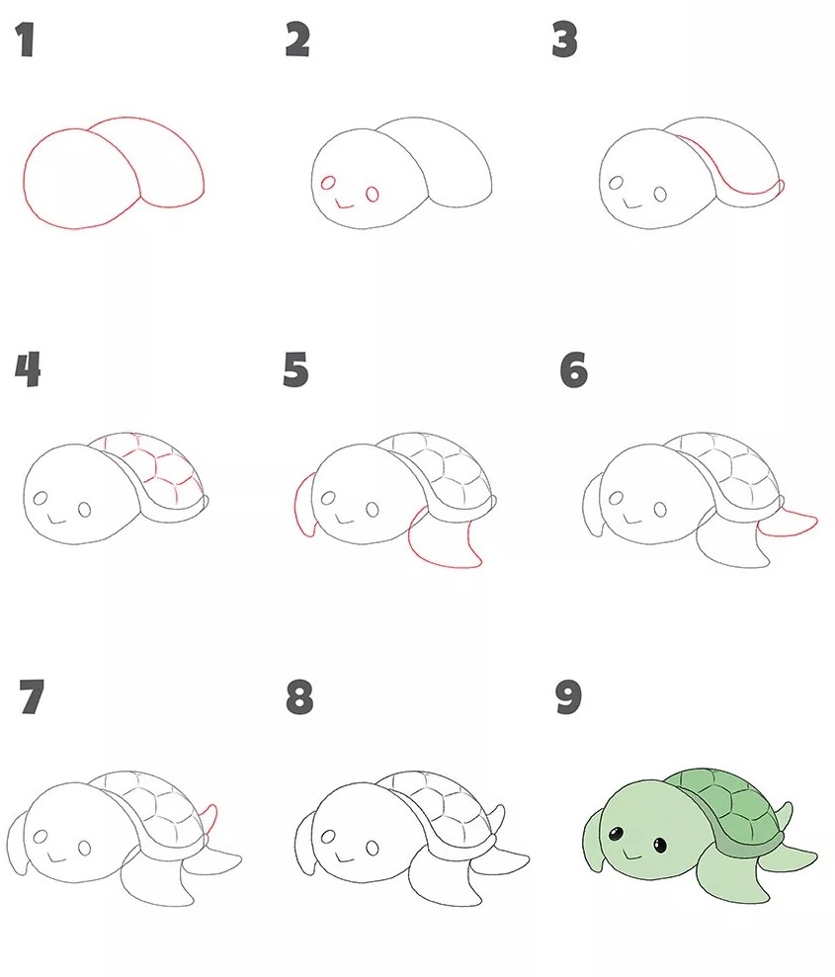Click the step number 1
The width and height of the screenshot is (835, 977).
point(25,42)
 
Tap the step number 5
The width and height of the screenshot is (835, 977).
point(295,370)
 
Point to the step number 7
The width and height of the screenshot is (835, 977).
point(31,698)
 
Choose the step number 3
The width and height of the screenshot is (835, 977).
point(564,42)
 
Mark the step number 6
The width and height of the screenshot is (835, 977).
point(573,370)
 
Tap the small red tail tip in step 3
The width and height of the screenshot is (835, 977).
point(782,186)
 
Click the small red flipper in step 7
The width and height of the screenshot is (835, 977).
point(210,816)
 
